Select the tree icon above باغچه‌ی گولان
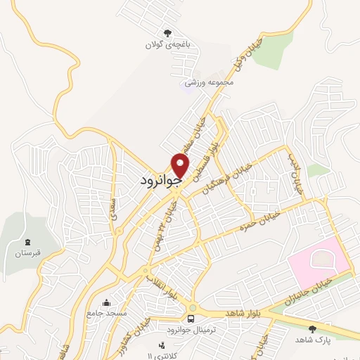pyautogui.click(x=167, y=33)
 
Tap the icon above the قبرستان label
pyautogui.click(x=29, y=240)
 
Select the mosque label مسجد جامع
pyautogui.click(x=106, y=311)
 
